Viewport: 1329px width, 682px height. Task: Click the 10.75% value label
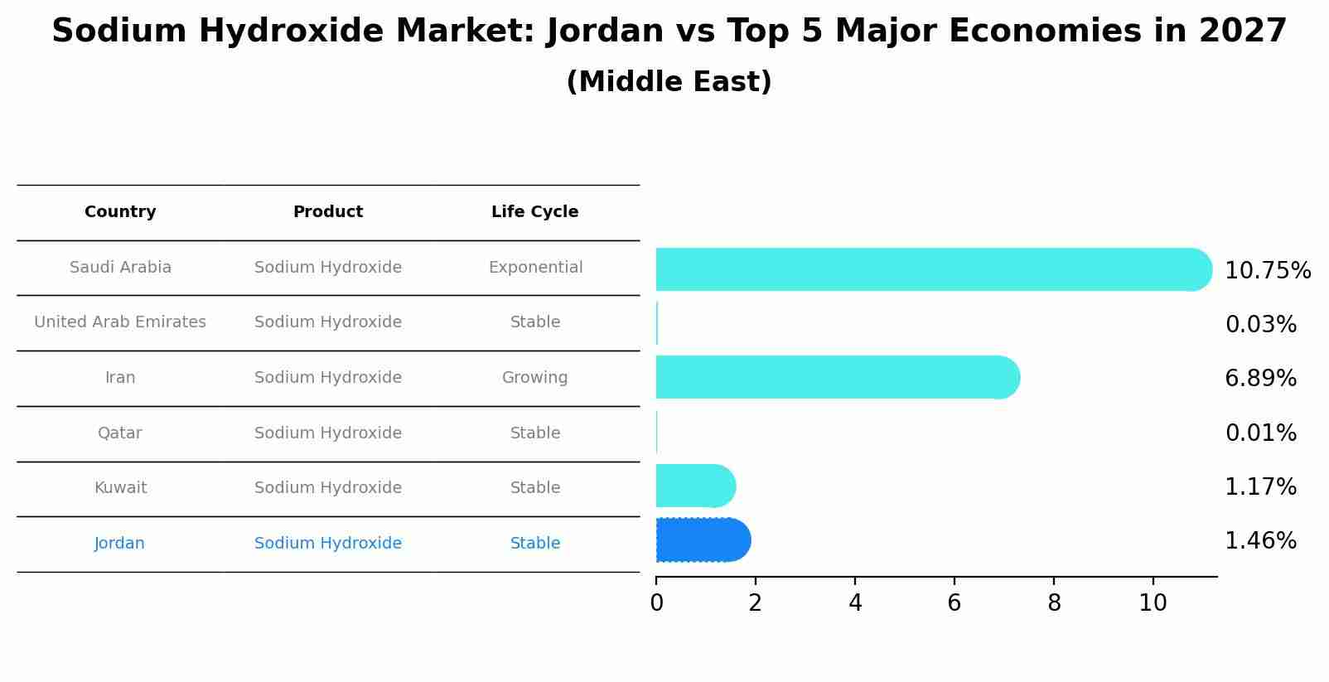1267,271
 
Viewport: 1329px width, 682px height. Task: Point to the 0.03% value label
1260,325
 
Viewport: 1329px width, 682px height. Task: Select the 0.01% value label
1260,433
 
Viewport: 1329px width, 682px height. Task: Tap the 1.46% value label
1260,541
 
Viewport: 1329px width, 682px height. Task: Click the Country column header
120,212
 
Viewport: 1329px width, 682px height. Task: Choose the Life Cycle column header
534,212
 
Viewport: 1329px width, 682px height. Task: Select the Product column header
328,212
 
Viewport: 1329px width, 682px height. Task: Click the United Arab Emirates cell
120,322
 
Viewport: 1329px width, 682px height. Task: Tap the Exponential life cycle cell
535,268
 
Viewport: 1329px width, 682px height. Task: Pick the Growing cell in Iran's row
534,378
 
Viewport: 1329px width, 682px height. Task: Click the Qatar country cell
120,433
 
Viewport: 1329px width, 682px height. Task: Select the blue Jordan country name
119,544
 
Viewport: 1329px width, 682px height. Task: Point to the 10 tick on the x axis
1153,603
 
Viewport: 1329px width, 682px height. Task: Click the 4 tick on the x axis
855,603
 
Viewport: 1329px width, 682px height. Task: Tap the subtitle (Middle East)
669,82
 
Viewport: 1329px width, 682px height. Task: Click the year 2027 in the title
1242,31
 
